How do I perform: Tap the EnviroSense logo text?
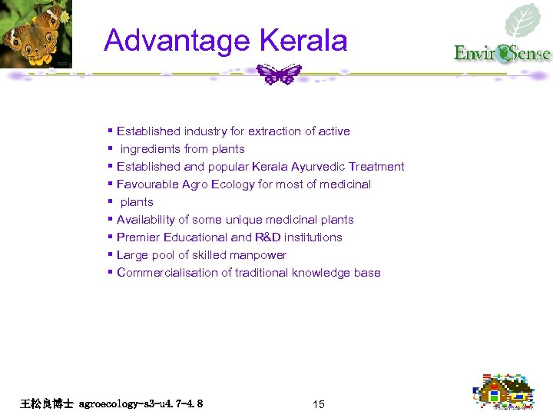pyautogui.click(x=502, y=54)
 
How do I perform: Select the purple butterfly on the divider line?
pyautogui.click(x=280, y=74)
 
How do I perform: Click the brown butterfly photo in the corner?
pyautogui.click(x=34, y=34)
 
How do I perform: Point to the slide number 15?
pyautogui.click(x=319, y=404)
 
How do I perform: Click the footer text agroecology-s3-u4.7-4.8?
pyautogui.click(x=141, y=403)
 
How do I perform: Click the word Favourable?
pyautogui.click(x=147, y=184)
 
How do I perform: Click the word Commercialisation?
pyautogui.click(x=167, y=273)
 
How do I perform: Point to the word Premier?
pyautogui.click(x=138, y=237)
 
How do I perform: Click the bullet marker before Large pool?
pyautogui.click(x=111, y=255)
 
